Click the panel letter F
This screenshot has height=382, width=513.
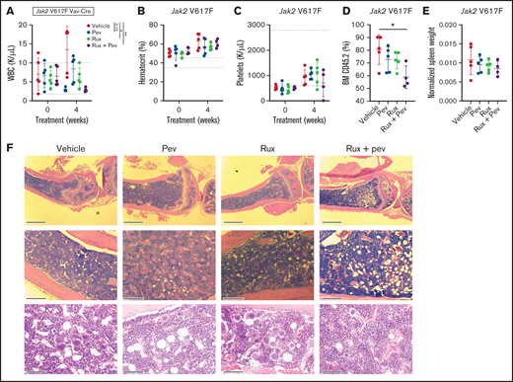click(9, 154)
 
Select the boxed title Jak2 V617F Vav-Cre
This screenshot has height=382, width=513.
click(56, 10)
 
